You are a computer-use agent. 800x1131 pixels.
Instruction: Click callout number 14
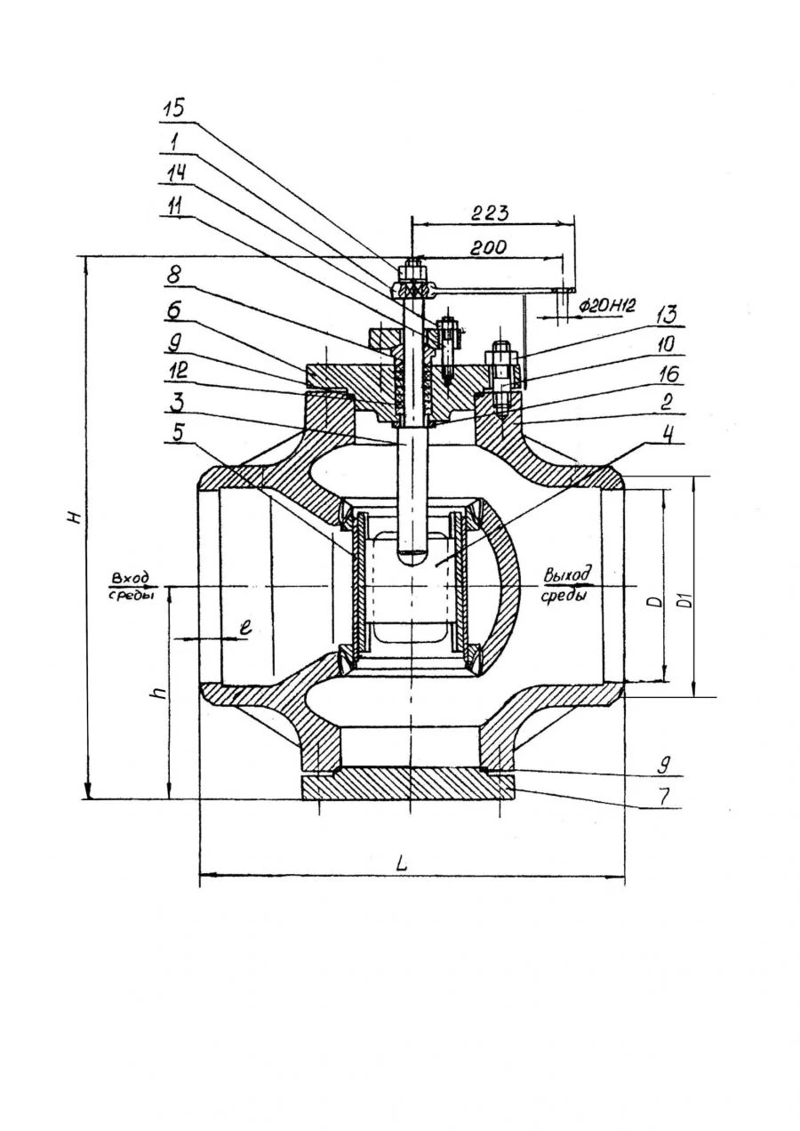tap(174, 173)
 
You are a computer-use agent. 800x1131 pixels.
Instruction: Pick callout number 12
tap(174, 373)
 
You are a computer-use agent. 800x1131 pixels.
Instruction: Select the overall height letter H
tap(77, 517)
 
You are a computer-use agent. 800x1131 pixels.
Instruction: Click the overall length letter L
tap(401, 862)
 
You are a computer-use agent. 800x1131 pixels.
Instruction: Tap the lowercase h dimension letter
tap(158, 692)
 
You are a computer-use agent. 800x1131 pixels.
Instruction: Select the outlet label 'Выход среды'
tap(566, 585)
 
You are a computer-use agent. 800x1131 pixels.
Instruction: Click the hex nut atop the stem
tap(412, 269)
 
